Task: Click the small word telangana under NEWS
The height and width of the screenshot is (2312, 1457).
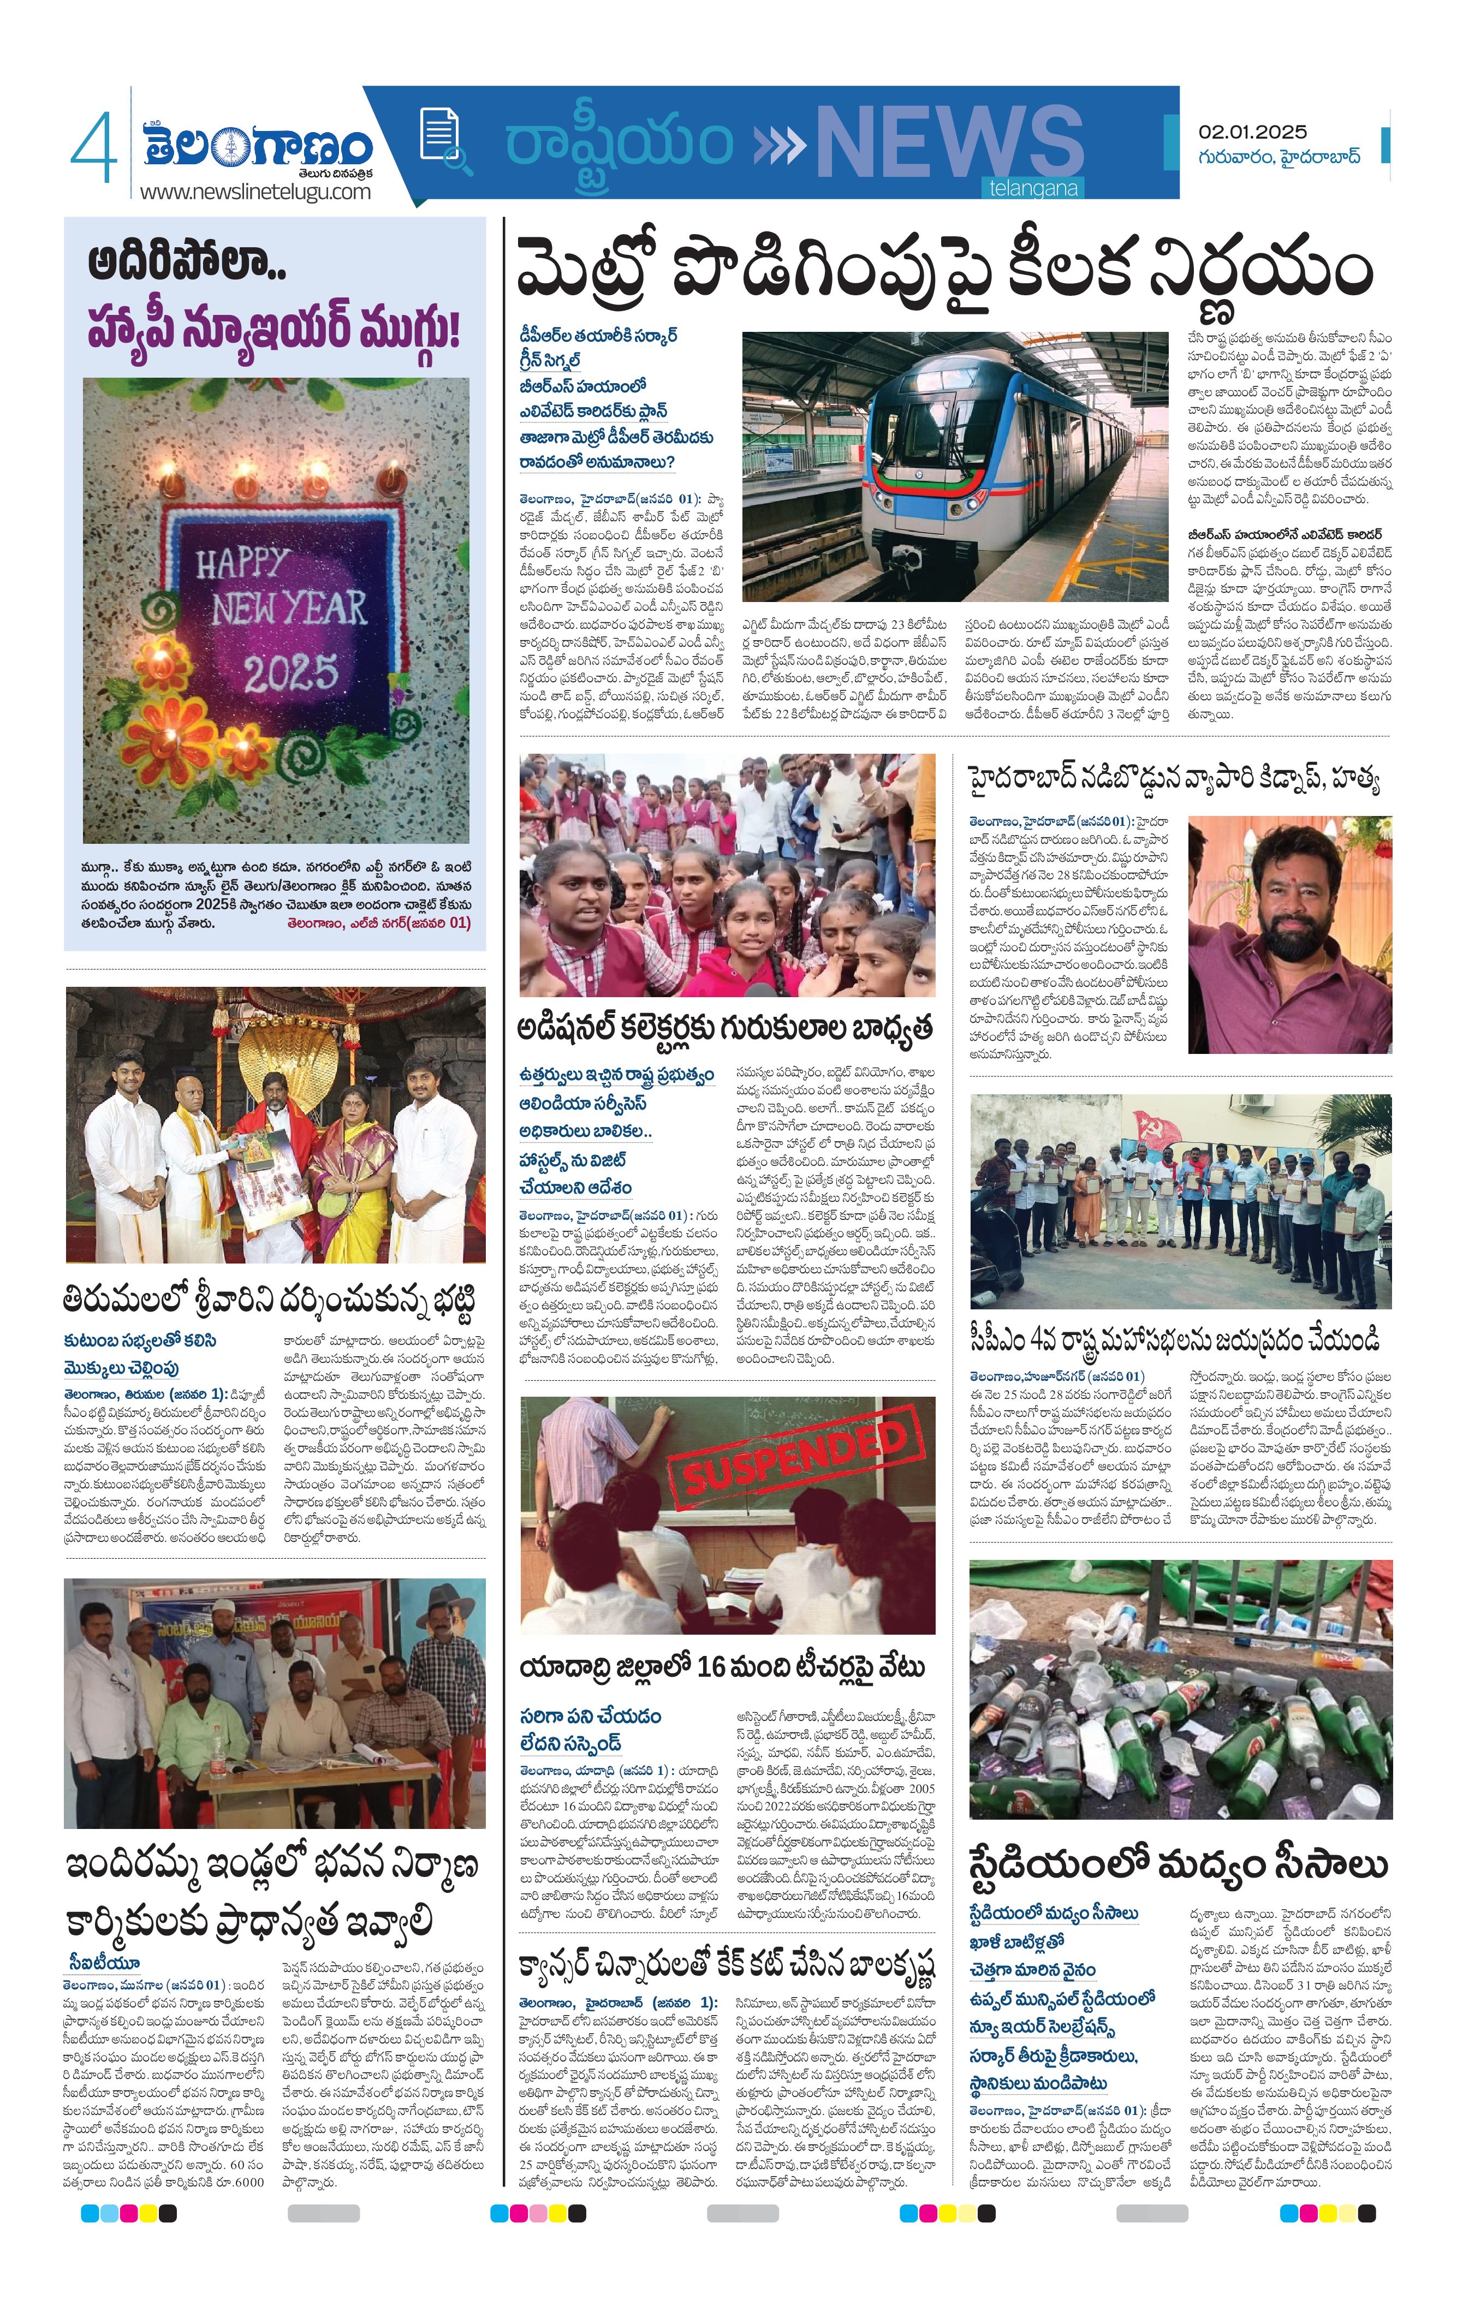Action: click(1033, 188)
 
